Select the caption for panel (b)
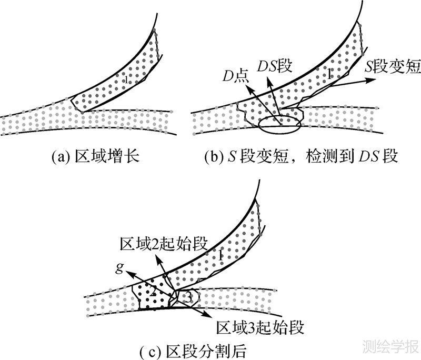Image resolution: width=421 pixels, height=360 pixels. point(301,157)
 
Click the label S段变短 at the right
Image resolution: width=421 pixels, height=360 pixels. point(392,66)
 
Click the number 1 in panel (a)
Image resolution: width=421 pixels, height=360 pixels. point(125,79)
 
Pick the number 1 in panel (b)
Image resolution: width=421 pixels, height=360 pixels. point(329,74)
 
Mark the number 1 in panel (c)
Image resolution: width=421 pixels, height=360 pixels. point(221,255)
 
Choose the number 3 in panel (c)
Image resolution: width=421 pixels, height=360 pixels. point(187,298)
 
